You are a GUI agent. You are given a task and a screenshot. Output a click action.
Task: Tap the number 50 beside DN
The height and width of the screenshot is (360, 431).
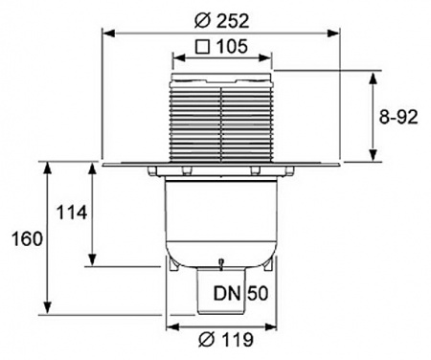tap(258, 293)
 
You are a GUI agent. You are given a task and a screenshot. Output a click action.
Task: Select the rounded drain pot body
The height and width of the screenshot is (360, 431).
tap(222, 220)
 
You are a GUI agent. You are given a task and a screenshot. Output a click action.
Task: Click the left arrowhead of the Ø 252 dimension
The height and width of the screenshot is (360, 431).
tap(106, 32)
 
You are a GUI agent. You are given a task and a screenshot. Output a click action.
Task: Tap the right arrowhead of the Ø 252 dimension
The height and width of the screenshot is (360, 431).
tap(339, 32)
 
